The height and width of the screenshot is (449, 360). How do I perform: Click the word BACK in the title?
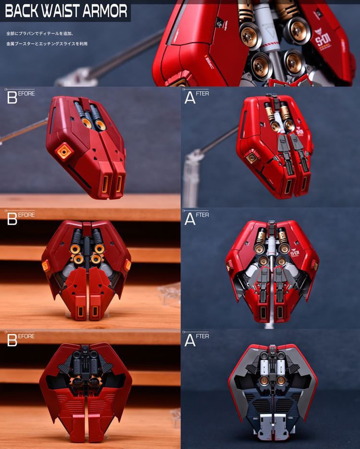tap(21, 11)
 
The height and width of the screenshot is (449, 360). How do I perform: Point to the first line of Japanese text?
tap(41, 34)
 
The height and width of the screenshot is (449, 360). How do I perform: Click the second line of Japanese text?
tap(47, 44)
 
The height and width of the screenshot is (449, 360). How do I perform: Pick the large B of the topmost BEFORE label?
tap(11, 98)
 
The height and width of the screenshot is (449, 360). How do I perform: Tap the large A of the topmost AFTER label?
tap(190, 98)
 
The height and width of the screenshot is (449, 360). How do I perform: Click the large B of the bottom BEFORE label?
tap(11, 340)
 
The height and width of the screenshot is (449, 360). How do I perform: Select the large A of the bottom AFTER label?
tap(190, 340)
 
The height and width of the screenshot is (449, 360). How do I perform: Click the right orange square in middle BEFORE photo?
tap(128, 265)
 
